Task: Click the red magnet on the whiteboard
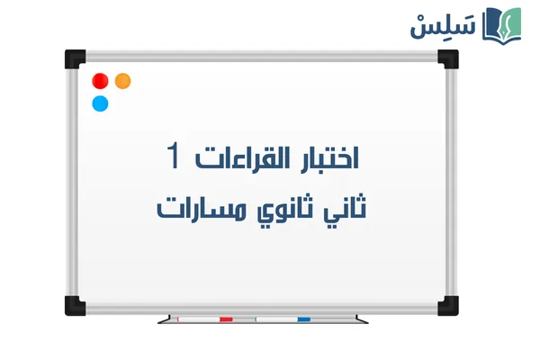click(101, 81)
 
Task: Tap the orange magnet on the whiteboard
click(123, 81)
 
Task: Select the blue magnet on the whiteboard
click(101, 103)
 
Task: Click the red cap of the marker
click(226, 319)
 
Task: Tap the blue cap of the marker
click(303, 319)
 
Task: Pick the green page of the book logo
click(512, 22)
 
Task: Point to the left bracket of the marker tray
click(161, 319)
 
